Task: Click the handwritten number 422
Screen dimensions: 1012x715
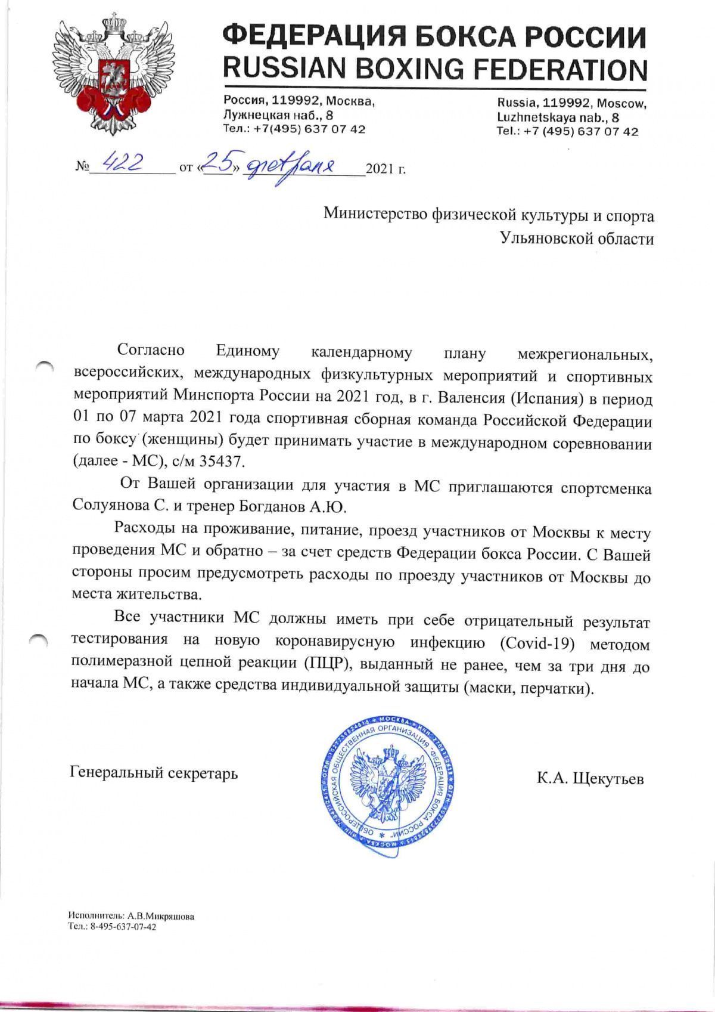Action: [123, 160]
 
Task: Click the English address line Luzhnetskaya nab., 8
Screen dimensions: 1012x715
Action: [558, 117]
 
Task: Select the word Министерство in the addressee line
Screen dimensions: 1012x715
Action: [375, 215]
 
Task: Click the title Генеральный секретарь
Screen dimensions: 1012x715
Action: [154, 773]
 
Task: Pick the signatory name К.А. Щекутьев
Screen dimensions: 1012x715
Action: [590, 778]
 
